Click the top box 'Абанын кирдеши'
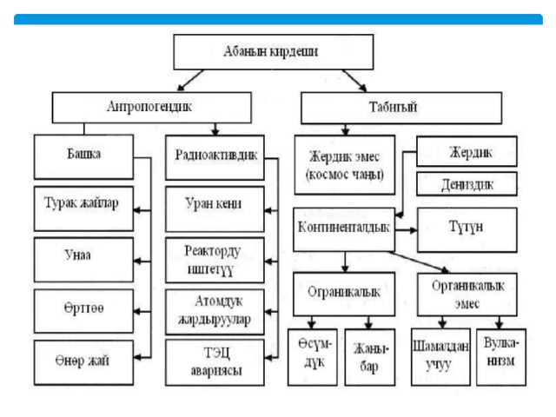tap(274, 52)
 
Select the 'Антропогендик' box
tap(152, 108)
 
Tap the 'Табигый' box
tap(401, 108)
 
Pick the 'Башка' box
tap(83, 156)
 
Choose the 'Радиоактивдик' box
tap(215, 157)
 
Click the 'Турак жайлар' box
tap(83, 208)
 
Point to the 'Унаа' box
tap(83, 260)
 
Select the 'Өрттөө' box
tap(83, 311)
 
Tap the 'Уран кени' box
tap(215, 208)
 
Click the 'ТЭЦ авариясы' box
tap(215, 362)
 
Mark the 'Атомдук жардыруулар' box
tap(215, 312)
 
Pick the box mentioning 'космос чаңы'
tap(345, 165)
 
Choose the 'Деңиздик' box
tap(467, 184)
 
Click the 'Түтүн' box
tap(467, 230)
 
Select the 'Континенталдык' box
tap(344, 229)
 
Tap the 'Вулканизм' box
tap(501, 357)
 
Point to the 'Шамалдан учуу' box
tap(440, 357)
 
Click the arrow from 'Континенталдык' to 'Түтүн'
tap(406, 230)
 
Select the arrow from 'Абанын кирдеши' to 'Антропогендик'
tap(190, 80)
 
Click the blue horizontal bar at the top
tap(278, 19)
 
